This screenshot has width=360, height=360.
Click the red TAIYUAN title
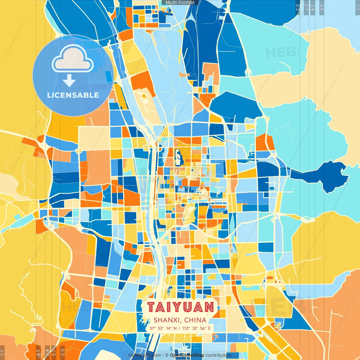180,307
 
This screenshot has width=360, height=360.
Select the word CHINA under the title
195,320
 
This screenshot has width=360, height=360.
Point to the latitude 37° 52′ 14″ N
163,328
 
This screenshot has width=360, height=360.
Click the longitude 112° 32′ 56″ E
196,328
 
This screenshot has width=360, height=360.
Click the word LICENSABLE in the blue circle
73,95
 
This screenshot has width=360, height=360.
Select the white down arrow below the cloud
69,80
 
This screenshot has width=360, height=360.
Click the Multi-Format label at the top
180,3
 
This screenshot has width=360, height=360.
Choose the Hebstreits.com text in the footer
145,355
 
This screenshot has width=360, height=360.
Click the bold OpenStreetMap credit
187,355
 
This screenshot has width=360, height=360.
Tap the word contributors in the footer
219,355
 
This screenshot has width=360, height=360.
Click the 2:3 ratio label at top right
297,7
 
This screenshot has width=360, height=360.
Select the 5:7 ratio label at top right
306,7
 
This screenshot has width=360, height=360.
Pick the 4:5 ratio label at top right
322,7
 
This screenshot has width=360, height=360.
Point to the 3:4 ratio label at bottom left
47,352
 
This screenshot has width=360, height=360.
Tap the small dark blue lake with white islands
178,157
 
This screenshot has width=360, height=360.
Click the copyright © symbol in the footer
167,355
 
